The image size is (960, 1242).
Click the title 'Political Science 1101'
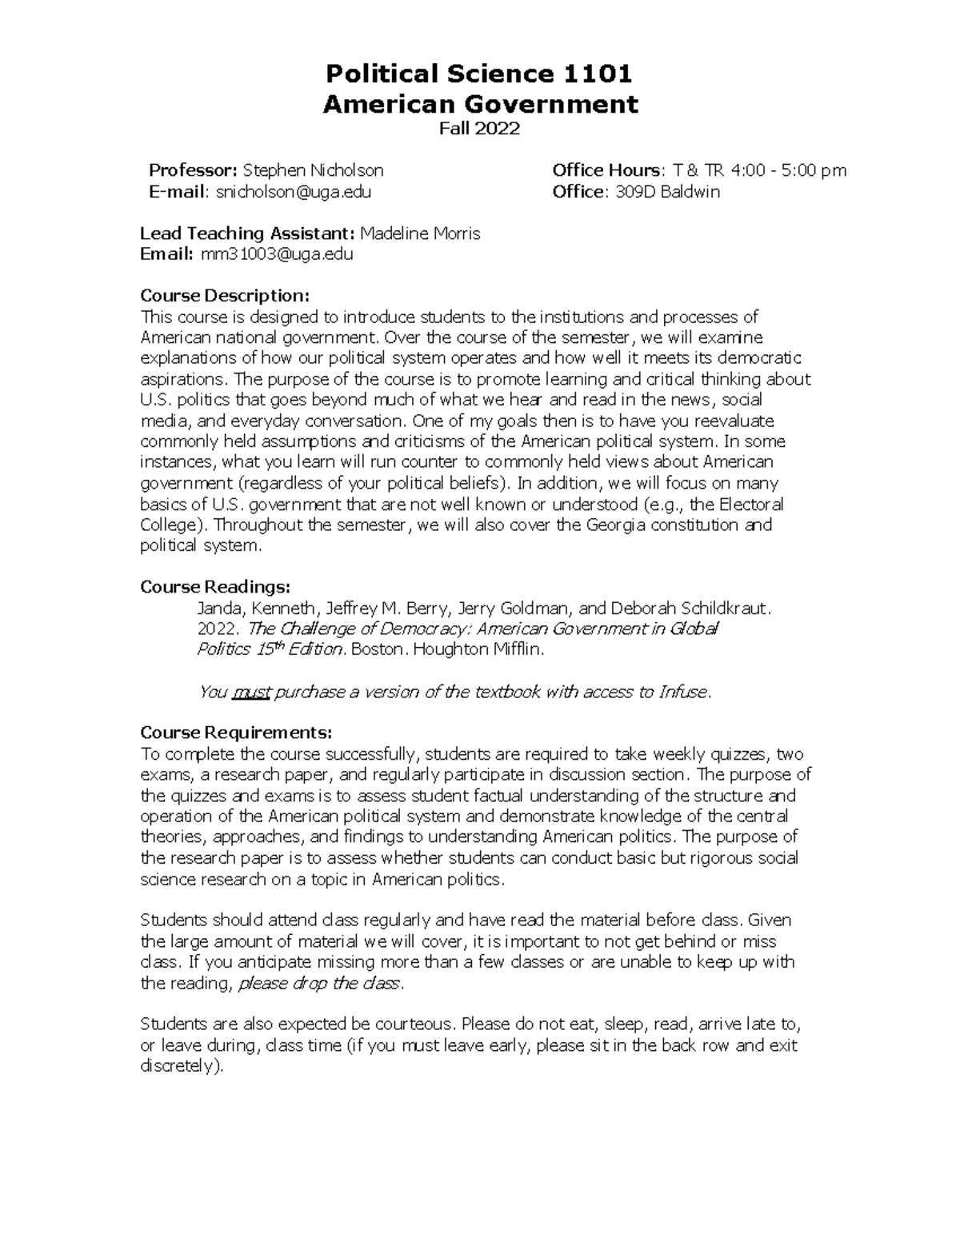click(x=478, y=74)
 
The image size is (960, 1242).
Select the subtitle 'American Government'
click(x=480, y=104)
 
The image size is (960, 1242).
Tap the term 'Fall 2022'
click(x=480, y=129)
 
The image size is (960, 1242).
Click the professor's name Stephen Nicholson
click(x=313, y=170)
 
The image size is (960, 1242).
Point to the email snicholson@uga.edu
click(x=294, y=192)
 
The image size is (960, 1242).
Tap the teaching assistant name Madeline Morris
click(x=421, y=234)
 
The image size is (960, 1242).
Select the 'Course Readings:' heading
click(x=215, y=587)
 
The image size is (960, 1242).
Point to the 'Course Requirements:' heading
click(x=235, y=733)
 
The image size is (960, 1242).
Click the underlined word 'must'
click(x=252, y=692)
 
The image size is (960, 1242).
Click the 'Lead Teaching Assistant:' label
click(x=247, y=234)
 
